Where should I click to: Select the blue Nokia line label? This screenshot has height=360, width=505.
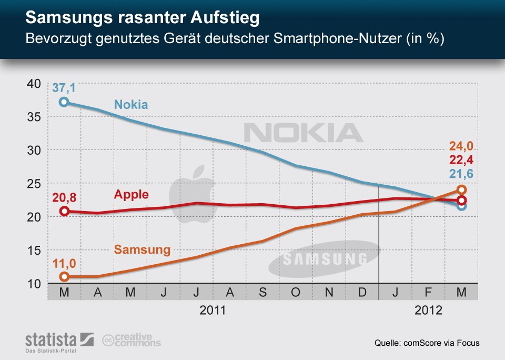(131, 104)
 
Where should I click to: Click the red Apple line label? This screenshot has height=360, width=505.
(131, 194)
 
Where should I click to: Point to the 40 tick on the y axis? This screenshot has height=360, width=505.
(34, 83)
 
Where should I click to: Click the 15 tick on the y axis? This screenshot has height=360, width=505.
(34, 250)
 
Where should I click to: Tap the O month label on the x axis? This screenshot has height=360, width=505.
(296, 292)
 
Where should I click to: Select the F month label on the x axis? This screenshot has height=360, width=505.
(428, 292)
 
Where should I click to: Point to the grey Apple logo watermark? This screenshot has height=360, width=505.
(192, 192)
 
